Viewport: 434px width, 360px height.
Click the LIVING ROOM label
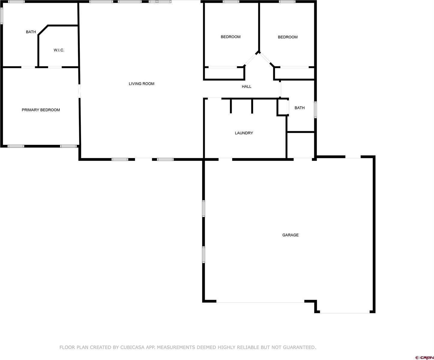(x=141, y=84)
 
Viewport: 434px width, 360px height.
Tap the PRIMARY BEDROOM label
(x=41, y=110)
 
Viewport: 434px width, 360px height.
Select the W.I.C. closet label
(x=59, y=50)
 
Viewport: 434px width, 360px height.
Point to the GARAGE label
(x=290, y=235)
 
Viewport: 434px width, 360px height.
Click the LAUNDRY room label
(x=244, y=133)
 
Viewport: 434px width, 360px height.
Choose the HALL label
(x=246, y=86)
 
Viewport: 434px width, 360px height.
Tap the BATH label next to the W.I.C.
(x=31, y=32)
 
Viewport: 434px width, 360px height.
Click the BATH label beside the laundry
(x=299, y=108)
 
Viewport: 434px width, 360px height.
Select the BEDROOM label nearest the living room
(x=231, y=37)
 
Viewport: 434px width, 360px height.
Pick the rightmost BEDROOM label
(x=288, y=37)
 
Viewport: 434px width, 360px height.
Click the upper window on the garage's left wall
(x=203, y=208)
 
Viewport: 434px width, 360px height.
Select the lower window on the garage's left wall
(x=203, y=255)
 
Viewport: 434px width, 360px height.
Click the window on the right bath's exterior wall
(x=315, y=110)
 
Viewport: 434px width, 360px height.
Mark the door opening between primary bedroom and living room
(x=79, y=91)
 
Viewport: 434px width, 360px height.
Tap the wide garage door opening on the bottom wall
(x=260, y=302)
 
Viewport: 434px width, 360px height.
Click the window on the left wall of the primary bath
(x=1, y=16)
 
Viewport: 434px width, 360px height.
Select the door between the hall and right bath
(x=280, y=89)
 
